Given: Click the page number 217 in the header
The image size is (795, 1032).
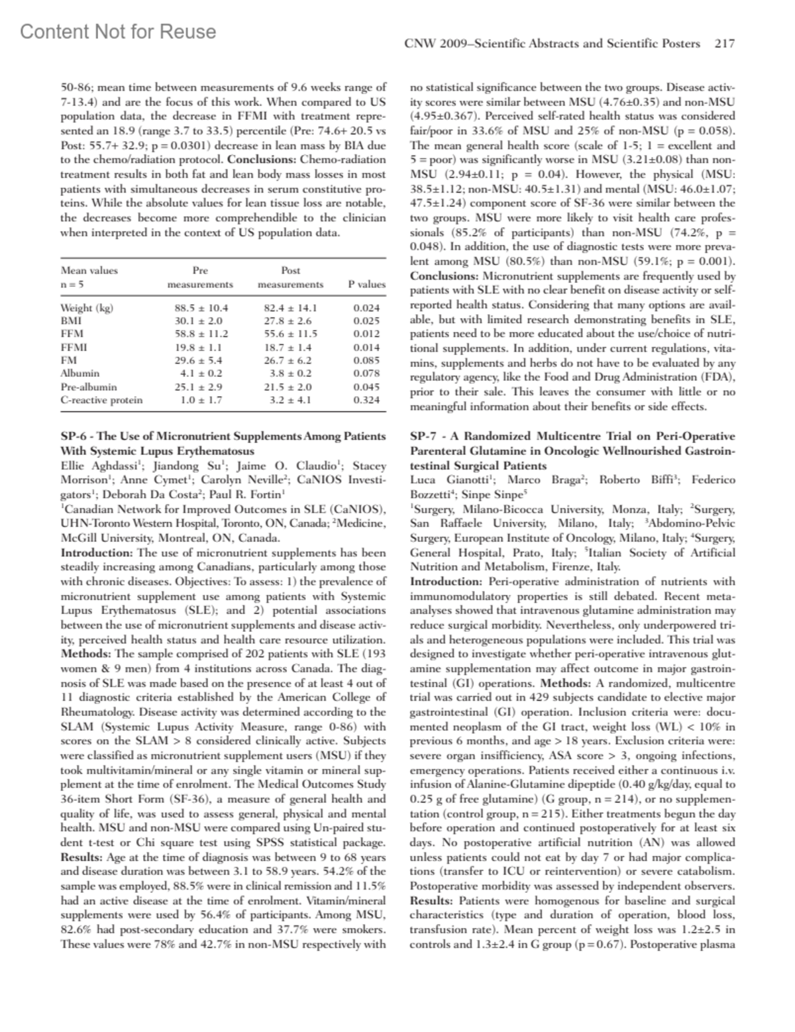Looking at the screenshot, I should pos(725,44).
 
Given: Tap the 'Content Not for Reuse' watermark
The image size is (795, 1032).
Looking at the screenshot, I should pos(118,32).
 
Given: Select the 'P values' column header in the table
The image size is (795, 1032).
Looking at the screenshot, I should pos(366,284).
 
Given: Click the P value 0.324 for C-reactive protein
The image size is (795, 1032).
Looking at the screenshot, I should pos(366,400).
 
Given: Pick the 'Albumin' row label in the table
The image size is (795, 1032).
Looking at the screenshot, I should pos(79,374).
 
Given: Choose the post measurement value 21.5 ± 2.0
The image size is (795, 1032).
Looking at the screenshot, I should pos(290,387).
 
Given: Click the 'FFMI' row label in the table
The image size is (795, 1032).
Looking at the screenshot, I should pos(74,347).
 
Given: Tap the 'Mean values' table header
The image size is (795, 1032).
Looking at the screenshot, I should pos(89,270).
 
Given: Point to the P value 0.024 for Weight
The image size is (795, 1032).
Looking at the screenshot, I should pos(366,308).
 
